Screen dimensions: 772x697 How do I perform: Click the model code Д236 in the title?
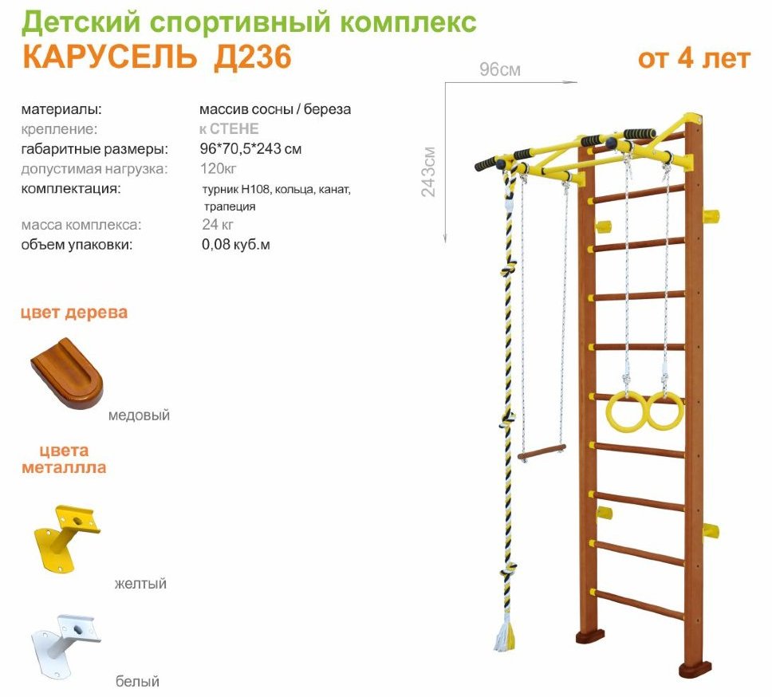[253, 57]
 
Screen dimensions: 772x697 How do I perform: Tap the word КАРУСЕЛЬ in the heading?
[110, 57]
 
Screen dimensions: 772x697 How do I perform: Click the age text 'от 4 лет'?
[694, 58]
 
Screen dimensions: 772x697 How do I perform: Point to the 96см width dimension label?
[500, 70]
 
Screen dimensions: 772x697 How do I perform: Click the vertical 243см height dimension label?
[428, 171]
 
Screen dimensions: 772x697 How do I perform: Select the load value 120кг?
[218, 168]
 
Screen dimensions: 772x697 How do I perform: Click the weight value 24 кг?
[218, 224]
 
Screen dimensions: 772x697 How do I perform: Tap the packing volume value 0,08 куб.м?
[236, 244]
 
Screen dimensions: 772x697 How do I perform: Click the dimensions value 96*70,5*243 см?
[250, 148]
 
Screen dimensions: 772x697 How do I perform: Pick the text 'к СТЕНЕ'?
[229, 128]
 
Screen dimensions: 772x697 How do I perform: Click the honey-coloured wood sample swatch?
[67, 372]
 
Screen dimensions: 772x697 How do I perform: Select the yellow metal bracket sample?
[66, 538]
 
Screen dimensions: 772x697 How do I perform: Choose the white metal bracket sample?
[66, 646]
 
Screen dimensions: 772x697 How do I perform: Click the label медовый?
[139, 415]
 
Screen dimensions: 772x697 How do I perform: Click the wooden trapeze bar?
[542, 452]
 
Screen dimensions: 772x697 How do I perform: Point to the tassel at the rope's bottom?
[504, 636]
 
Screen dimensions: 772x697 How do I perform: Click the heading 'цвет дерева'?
[74, 313]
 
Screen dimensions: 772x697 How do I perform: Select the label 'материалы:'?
[61, 109]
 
